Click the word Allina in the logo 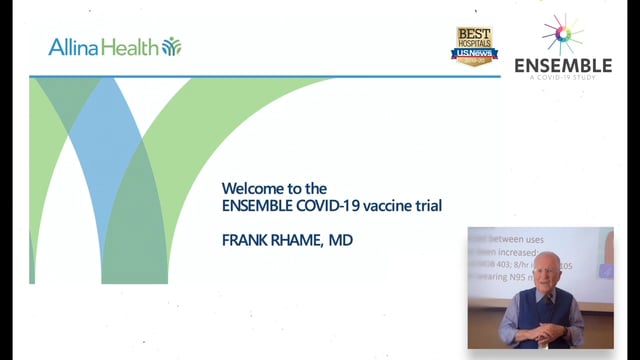pyautogui.click(x=74, y=47)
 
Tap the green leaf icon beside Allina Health pyautogui.click(x=172, y=46)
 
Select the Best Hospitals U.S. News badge pyautogui.click(x=475, y=46)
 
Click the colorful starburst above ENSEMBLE pyautogui.click(x=563, y=34)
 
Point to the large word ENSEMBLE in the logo pyautogui.click(x=563, y=66)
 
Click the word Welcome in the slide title pyautogui.click(x=249, y=188)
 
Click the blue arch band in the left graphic pyautogui.click(x=109, y=150)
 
